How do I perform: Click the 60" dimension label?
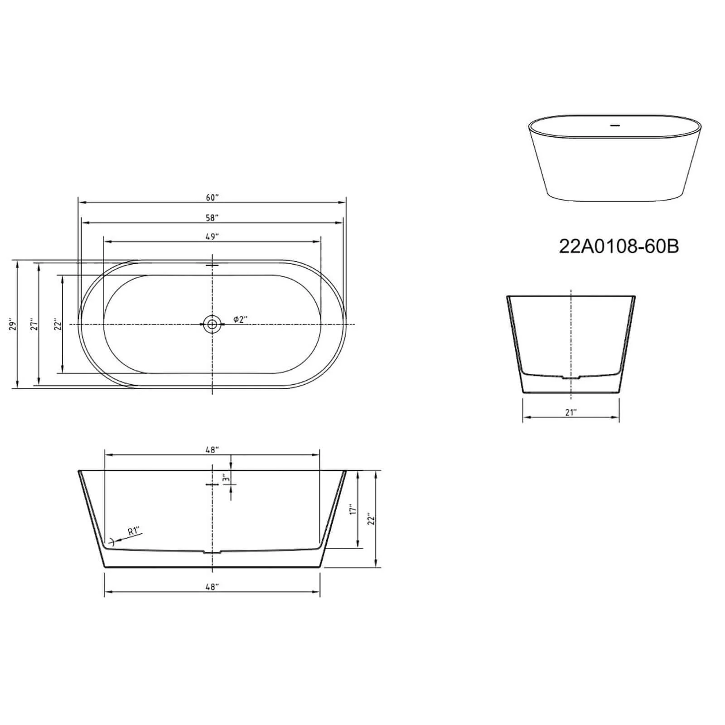click(x=212, y=198)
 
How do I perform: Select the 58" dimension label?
click(x=212, y=218)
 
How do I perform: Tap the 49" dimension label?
click(x=212, y=237)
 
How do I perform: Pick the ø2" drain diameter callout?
click(x=240, y=319)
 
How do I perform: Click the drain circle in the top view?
click(x=212, y=324)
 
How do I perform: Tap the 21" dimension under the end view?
click(x=570, y=412)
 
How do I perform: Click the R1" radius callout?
click(x=134, y=531)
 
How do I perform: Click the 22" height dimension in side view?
click(x=371, y=519)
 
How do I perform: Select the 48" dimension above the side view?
click(x=212, y=450)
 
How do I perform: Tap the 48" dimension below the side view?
click(x=212, y=587)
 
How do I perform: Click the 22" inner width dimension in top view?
click(x=58, y=325)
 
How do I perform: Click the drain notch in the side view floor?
click(x=212, y=552)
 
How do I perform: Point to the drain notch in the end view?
click(x=570, y=377)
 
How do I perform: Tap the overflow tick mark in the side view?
click(x=212, y=484)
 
